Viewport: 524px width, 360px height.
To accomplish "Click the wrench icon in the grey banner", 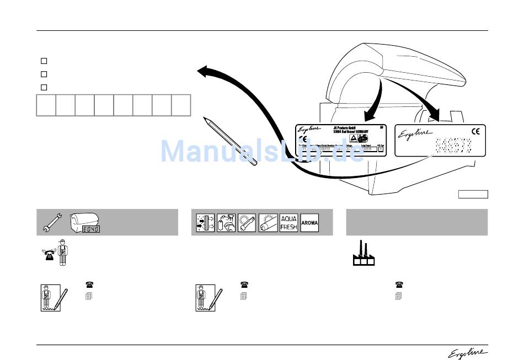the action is (51, 222).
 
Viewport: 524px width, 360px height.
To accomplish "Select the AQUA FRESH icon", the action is (288, 222).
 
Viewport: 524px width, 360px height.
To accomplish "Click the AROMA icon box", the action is (309, 222).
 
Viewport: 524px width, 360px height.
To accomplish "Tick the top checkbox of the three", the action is (44, 61).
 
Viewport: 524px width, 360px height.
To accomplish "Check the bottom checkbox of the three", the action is (44, 87).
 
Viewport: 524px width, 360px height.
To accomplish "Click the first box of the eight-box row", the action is (46, 105).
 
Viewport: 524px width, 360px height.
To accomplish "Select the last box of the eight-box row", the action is (181, 105).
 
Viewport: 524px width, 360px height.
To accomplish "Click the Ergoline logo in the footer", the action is (468, 353).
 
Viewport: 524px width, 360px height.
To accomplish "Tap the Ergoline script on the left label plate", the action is (307, 130).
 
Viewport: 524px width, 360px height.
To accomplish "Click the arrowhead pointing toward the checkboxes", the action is (205, 72).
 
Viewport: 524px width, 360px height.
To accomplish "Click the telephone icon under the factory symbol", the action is (398, 285).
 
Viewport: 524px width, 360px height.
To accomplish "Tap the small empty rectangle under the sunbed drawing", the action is (473, 194).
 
